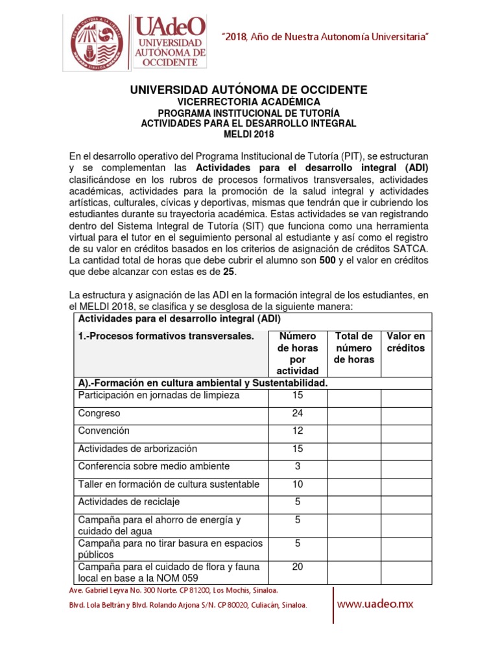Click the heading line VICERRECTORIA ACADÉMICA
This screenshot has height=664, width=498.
point(249,102)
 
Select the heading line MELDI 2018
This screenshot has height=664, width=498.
point(249,134)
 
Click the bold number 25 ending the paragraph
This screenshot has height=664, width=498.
point(229,272)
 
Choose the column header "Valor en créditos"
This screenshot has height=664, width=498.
point(405,342)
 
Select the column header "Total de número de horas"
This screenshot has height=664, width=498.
point(353,348)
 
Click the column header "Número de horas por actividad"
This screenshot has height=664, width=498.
point(298,353)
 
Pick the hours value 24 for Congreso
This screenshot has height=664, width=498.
point(298,414)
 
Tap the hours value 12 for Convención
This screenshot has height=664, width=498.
point(298,431)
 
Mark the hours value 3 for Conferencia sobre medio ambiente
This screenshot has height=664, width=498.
point(298,466)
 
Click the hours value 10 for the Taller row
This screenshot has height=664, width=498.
point(298,484)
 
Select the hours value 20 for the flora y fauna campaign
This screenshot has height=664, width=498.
point(298,567)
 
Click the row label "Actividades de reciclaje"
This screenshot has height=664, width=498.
point(129,502)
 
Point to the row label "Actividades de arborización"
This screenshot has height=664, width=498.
point(137,449)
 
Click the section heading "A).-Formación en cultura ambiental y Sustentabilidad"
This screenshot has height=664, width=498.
point(202,383)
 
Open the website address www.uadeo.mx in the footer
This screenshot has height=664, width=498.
point(375,604)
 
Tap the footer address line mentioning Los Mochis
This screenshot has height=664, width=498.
point(174,590)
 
